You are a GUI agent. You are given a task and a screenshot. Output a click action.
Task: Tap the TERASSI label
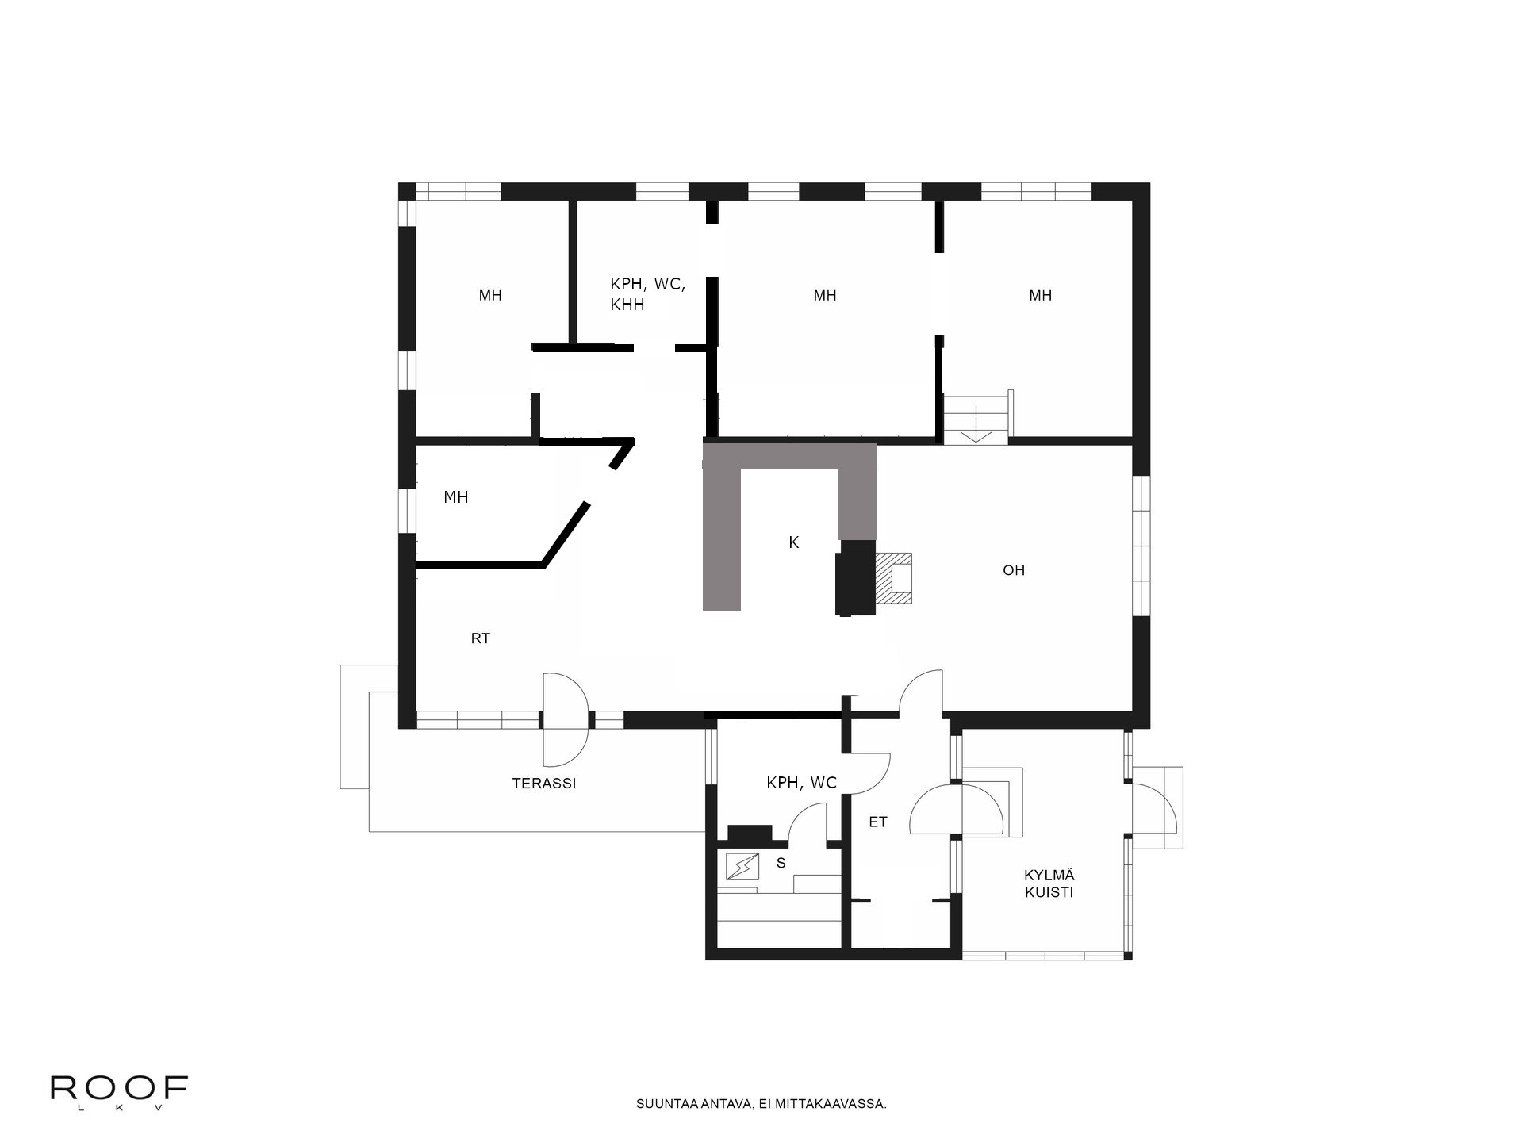coord(543,784)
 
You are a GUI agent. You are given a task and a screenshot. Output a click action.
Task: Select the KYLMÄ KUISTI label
coord(1049,883)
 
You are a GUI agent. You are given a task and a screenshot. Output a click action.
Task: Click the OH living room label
coord(1014,570)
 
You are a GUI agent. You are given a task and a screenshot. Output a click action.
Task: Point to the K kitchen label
coord(793,542)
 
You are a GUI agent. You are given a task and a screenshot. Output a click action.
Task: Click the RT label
coord(480,638)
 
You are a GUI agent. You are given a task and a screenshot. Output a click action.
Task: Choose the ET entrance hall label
coord(877,822)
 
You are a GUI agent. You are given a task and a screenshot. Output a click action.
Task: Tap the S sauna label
coord(781,863)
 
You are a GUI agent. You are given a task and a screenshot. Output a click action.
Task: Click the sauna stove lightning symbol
coord(742,866)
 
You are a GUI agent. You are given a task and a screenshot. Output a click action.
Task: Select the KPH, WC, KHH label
coord(647,293)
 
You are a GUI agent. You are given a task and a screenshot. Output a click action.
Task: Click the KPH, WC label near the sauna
coord(801,783)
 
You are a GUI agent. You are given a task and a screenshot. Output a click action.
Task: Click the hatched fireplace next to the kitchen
coord(894,577)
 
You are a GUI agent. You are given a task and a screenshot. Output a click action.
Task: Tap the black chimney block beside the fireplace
coord(855,577)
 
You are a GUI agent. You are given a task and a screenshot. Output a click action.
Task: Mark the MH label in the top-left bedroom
coord(490,296)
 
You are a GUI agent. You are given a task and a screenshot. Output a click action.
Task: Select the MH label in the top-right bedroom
coord(1040,296)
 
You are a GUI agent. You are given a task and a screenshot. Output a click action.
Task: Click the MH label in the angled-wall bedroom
coord(455,497)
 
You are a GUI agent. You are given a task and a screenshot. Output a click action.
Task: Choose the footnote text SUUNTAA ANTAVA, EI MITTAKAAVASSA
coord(761,1103)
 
